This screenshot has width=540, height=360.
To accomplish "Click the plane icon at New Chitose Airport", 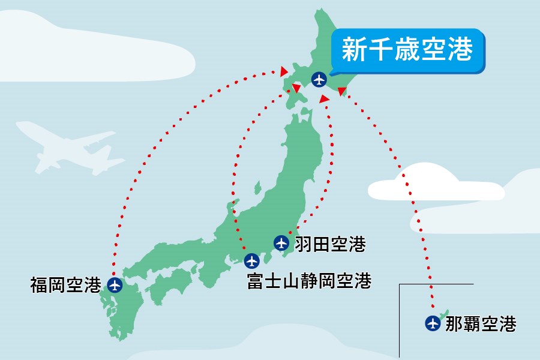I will click(x=319, y=79).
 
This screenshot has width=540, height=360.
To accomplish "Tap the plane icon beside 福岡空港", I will click(x=115, y=284).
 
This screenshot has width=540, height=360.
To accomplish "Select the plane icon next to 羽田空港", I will click(x=281, y=243).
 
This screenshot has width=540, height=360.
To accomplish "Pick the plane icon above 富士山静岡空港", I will click(x=252, y=261).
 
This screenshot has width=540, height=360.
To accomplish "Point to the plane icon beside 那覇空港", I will click(x=432, y=323).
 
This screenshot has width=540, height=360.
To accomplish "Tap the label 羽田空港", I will click(x=329, y=244).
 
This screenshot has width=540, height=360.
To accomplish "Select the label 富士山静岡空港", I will click(x=309, y=281).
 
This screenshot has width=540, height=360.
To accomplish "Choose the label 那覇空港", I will click(x=481, y=324).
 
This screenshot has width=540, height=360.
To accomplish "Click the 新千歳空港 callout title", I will click(x=407, y=49).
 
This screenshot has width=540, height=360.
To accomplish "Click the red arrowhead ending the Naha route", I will click(x=341, y=91).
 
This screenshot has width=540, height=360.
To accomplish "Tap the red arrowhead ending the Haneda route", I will click(x=324, y=98).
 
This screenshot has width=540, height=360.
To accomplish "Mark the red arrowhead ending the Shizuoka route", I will click(x=296, y=89).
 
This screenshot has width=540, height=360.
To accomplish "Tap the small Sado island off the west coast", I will click(x=259, y=190).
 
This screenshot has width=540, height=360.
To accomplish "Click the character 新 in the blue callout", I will click(x=355, y=50).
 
